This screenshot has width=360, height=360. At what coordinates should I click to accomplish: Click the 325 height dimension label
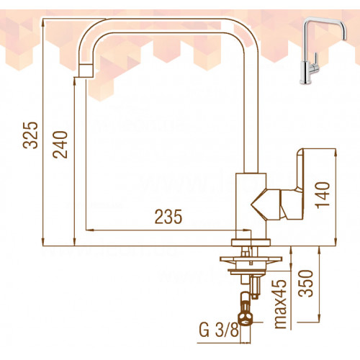click(x=30, y=135)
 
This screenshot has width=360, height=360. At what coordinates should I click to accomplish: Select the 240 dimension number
click(x=60, y=145)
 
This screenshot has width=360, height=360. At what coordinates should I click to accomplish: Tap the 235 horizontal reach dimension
click(x=168, y=217)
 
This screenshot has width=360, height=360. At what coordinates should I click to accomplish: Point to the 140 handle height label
click(x=323, y=195)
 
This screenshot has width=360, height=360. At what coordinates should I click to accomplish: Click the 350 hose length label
click(x=305, y=284)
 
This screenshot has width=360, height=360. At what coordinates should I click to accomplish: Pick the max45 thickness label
click(x=280, y=304)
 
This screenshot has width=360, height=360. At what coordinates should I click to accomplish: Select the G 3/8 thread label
click(x=219, y=330)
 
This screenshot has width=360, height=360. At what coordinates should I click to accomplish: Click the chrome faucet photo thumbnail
click(x=323, y=50)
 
